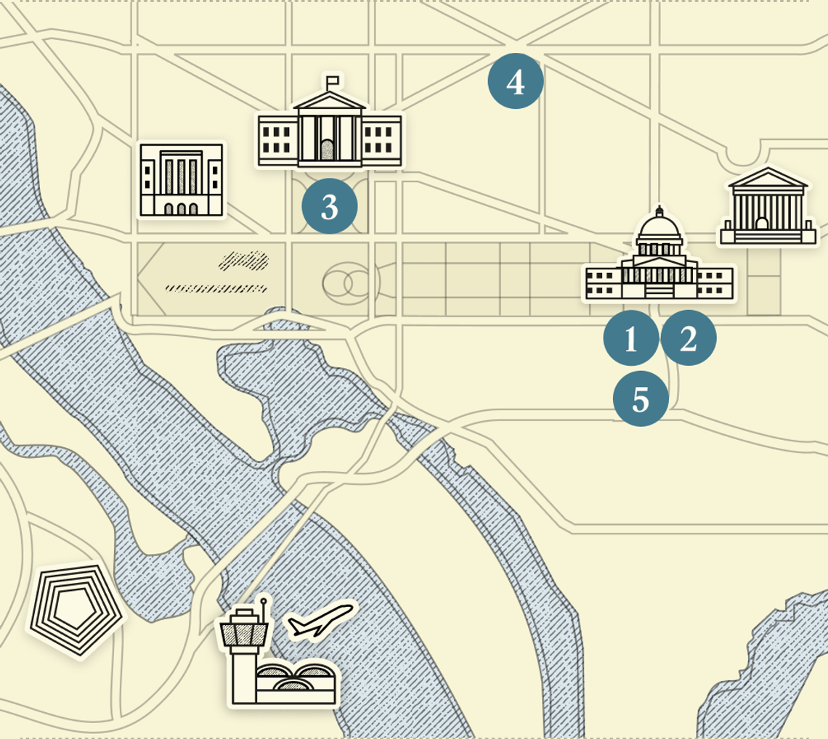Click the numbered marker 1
click(x=631, y=338)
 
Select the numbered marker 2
click(x=688, y=338)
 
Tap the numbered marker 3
click(x=330, y=206)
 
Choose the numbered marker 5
click(x=641, y=399)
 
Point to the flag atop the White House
click(x=333, y=79)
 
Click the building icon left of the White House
click(x=182, y=179)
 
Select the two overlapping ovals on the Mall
click(x=346, y=283)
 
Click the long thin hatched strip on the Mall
click(x=215, y=288)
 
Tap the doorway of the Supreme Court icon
click(x=762, y=224)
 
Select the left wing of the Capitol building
click(x=602, y=282)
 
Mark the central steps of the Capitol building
click(x=659, y=290)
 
